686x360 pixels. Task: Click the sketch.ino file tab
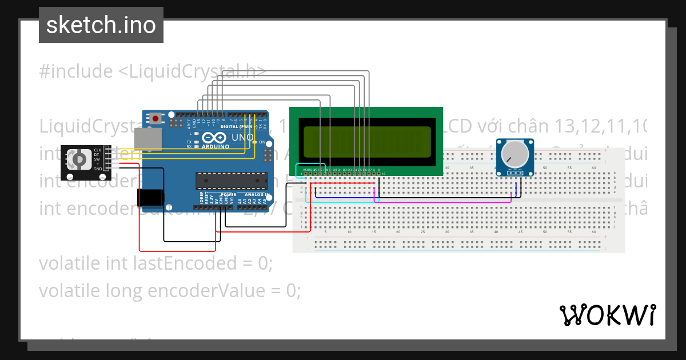point(101,25)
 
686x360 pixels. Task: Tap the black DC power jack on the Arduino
point(150,197)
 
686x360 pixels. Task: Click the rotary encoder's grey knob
point(79,158)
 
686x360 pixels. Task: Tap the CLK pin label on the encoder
point(98,150)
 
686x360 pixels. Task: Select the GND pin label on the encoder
point(98,169)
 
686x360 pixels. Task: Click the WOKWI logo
point(607,315)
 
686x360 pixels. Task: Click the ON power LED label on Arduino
point(262,142)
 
